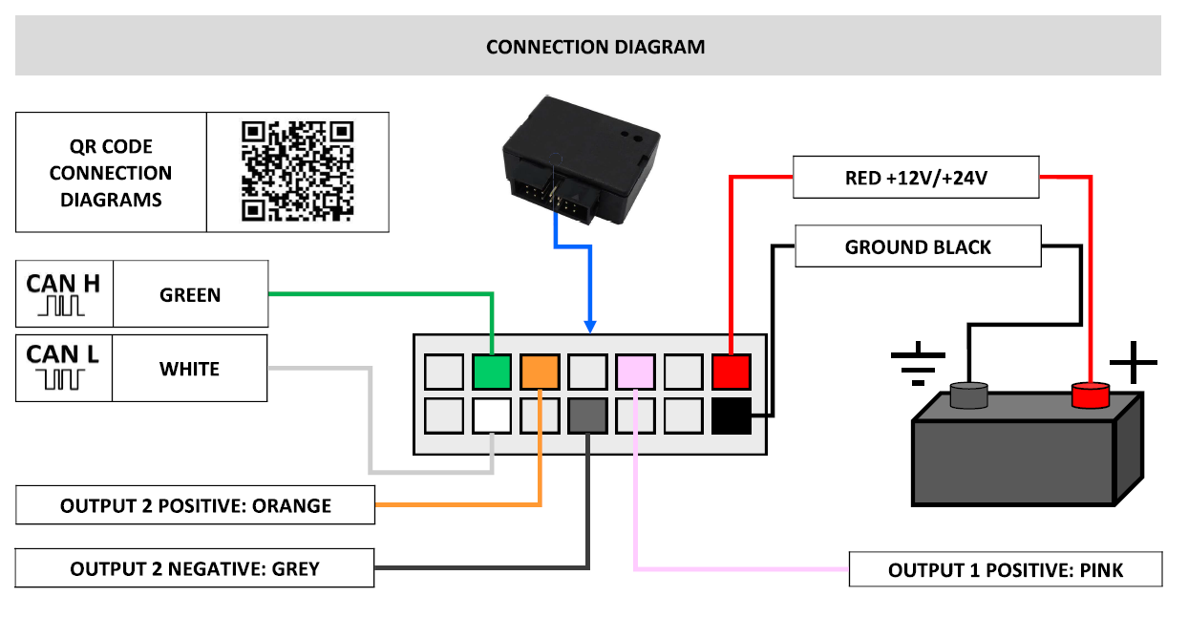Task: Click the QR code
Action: [298, 171]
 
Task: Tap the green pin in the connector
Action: [492, 372]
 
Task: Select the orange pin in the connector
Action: [540, 372]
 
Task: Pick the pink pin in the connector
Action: [635, 372]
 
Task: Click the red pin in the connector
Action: [732, 372]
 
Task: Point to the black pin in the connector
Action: [732, 416]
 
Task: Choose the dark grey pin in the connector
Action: [587, 416]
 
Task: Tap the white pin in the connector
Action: [492, 416]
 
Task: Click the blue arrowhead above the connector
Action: [590, 327]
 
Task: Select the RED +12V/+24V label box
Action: [916, 177]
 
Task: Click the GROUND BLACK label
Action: [918, 246]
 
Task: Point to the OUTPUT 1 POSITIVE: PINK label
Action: [1006, 569]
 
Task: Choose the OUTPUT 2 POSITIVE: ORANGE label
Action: [195, 505]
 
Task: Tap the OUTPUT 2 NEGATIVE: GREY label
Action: [195, 568]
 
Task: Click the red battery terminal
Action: [1091, 395]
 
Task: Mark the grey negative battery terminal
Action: [968, 395]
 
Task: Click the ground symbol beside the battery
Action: [918, 364]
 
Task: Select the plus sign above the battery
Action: [1134, 362]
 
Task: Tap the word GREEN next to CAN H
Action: [190, 295]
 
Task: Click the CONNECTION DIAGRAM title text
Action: [596, 47]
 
